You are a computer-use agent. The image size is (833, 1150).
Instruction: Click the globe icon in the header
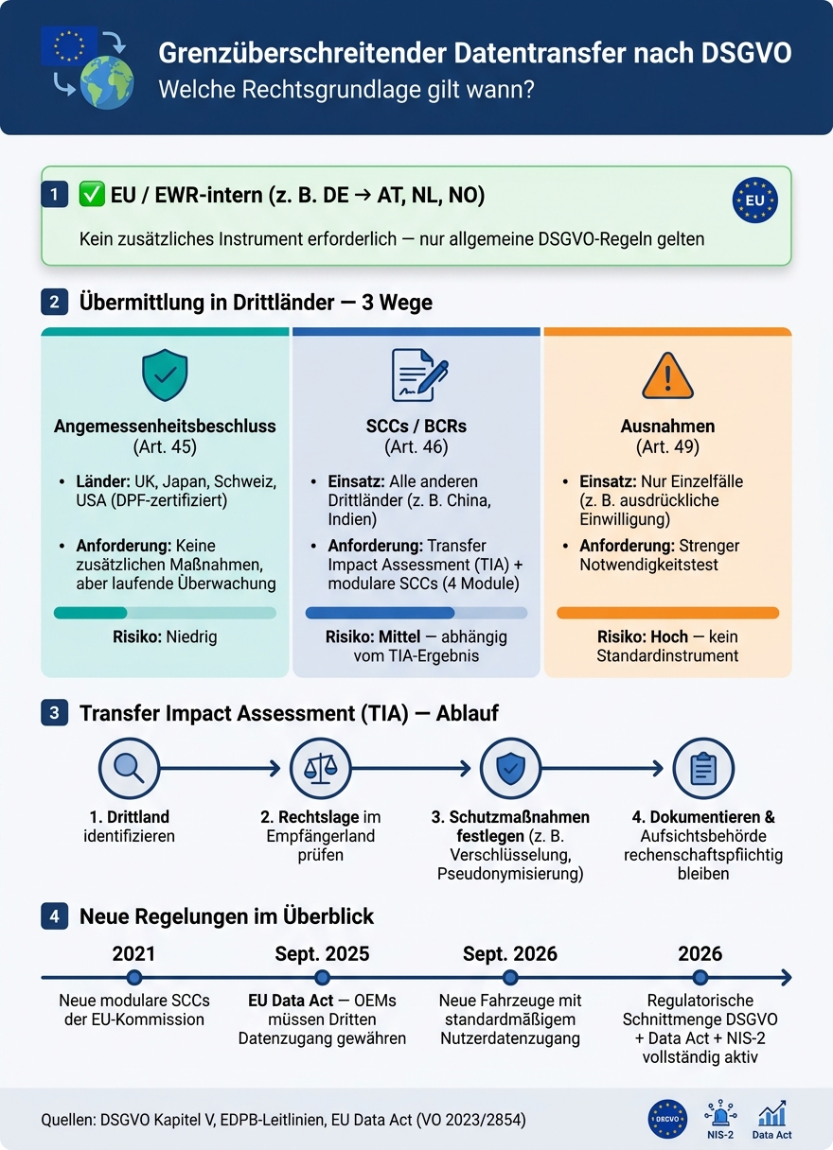coord(107,82)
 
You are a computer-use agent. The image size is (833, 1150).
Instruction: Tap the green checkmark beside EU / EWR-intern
coord(92,195)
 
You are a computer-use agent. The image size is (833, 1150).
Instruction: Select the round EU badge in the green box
coord(754,200)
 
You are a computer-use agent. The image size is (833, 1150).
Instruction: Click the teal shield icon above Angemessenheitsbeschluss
coord(165,375)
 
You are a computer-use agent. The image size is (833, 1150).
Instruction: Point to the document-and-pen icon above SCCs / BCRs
coord(419,375)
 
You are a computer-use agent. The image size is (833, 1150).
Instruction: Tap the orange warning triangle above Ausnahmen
coord(667,375)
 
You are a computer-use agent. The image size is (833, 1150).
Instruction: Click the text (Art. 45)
coord(165,446)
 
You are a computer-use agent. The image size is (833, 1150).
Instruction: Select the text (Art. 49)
coord(667,446)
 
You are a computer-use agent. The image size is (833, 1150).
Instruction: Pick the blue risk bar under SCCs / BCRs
coord(416,613)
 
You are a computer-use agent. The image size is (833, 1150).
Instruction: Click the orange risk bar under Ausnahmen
coord(667,613)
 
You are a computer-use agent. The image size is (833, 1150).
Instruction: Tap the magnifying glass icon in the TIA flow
coord(129,768)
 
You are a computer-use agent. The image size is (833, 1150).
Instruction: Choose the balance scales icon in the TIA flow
coord(320,768)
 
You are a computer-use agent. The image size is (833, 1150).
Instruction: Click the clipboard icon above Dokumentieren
coord(703,768)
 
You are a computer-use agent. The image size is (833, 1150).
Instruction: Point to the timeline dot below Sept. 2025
coord(322,977)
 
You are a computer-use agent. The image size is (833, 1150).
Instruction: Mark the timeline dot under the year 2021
coord(134,977)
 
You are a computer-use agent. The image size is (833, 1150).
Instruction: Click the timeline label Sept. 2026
coord(510,953)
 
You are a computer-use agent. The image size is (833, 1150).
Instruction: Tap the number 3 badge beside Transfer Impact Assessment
coord(55,712)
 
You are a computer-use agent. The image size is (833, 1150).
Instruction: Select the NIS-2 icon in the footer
coord(720,1118)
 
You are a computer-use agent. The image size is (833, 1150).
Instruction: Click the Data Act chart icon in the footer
coord(771,1118)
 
